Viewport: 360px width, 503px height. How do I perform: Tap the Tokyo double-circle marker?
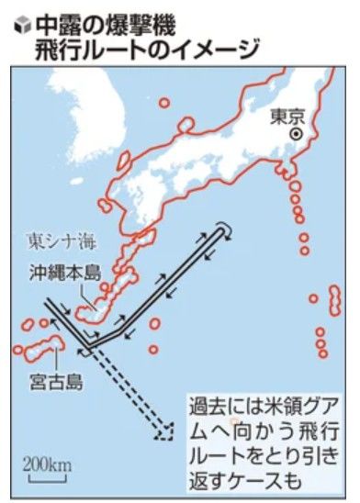click(x=296, y=134)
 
